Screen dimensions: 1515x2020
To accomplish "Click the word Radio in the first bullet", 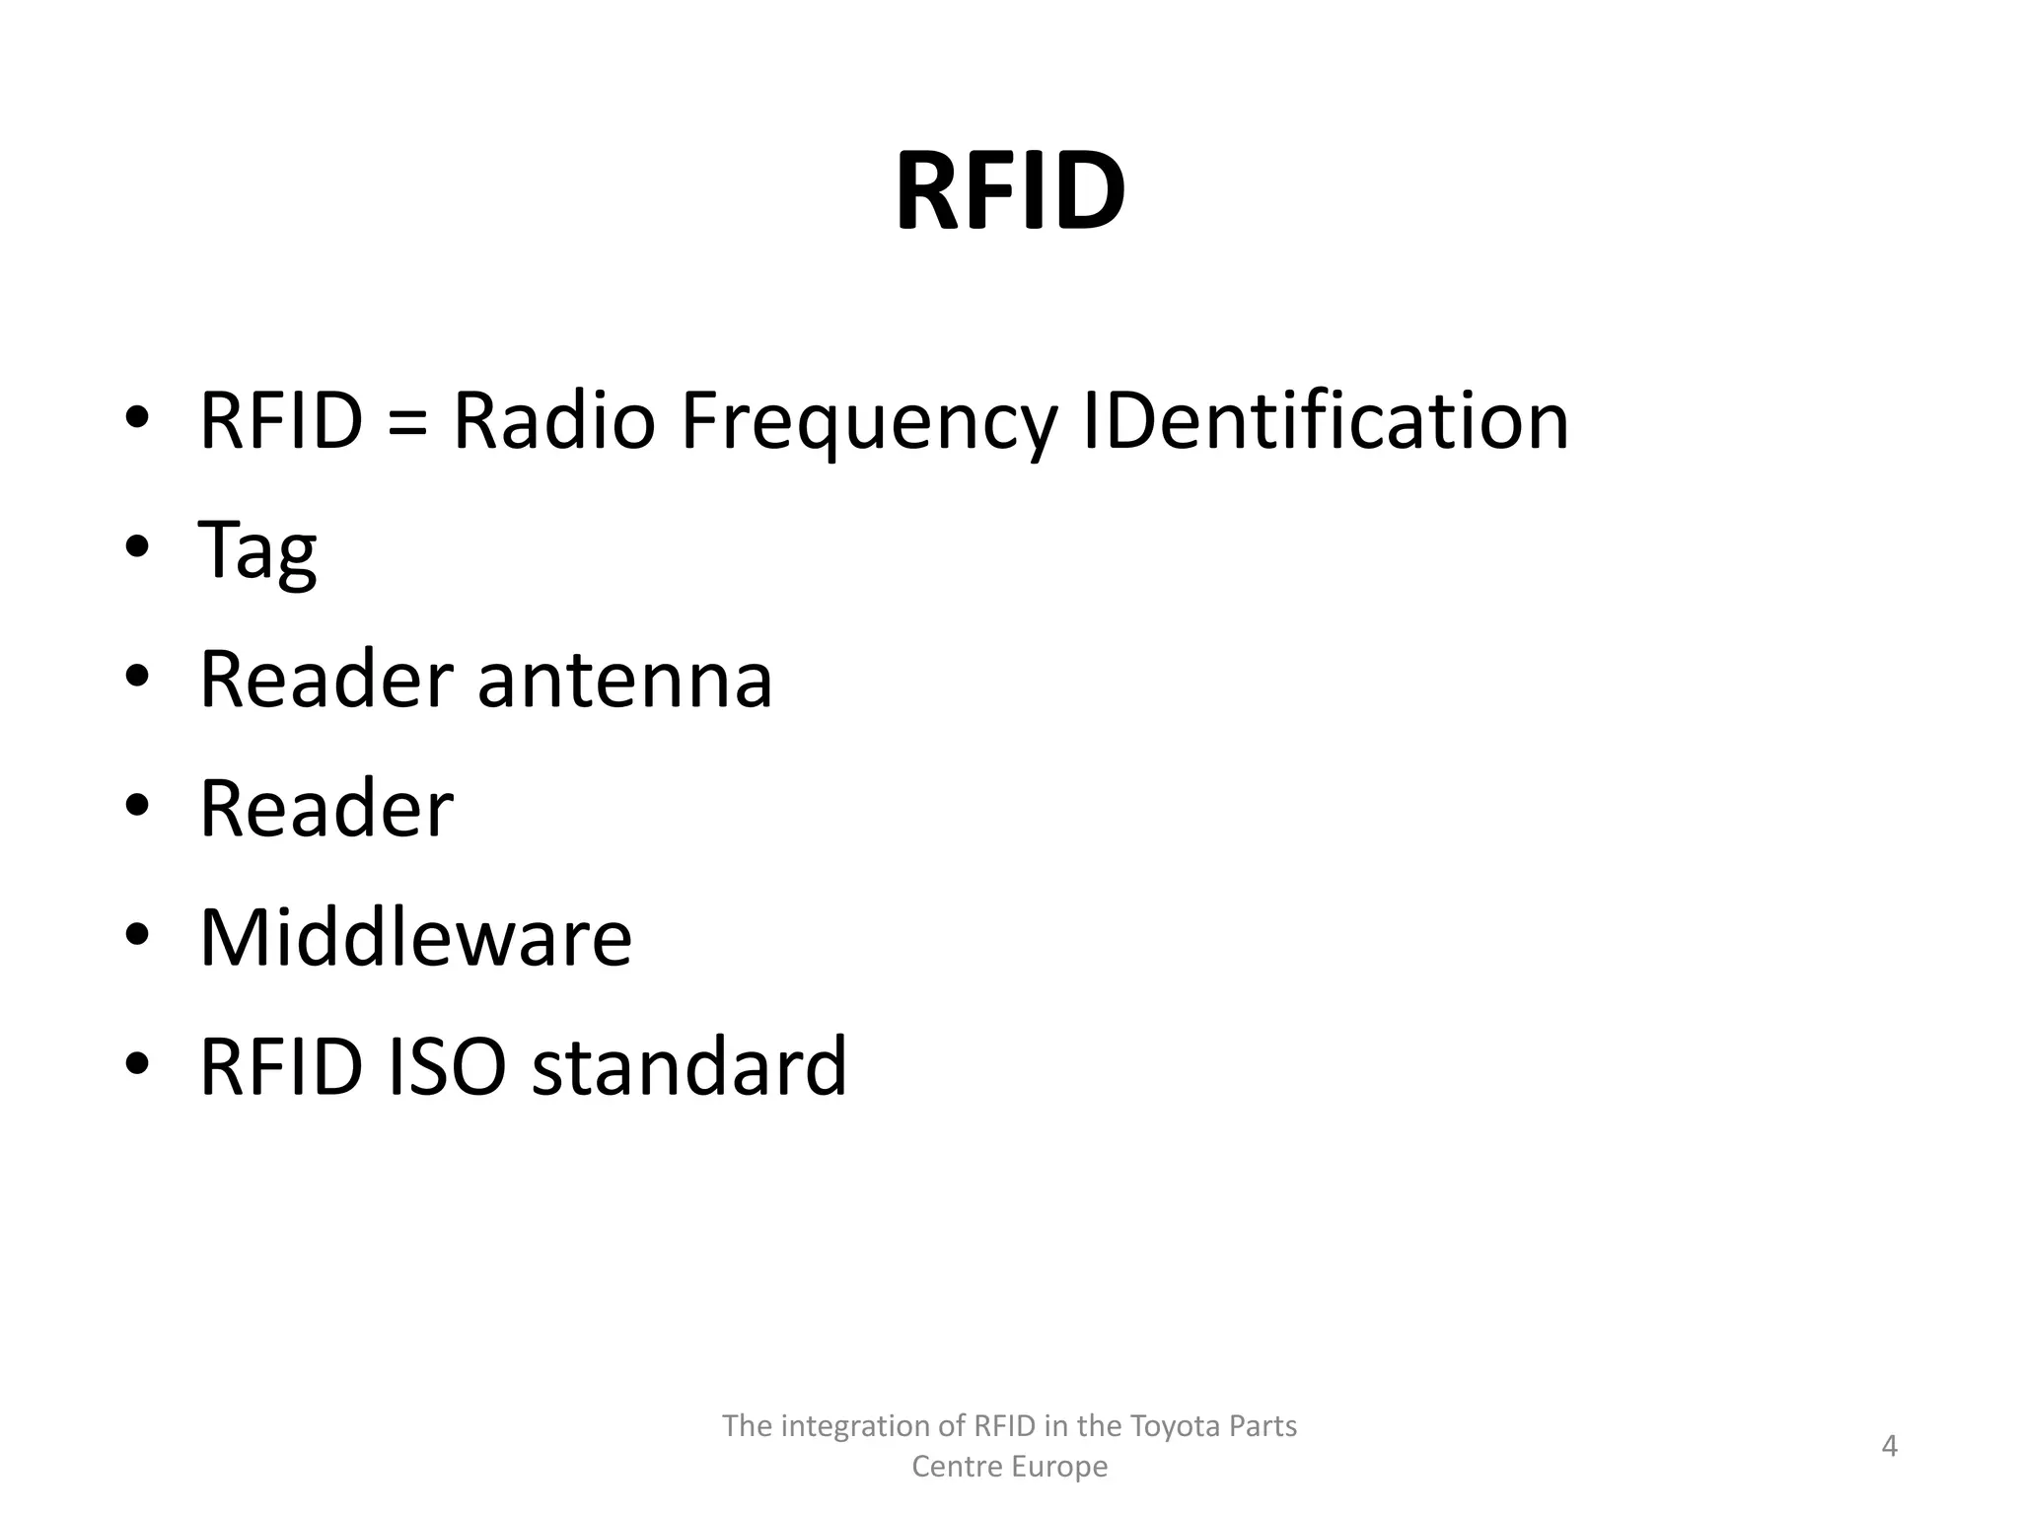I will (x=553, y=421).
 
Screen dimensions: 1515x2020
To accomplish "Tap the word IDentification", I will (x=1325, y=421).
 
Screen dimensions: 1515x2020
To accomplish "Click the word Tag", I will (x=257, y=552).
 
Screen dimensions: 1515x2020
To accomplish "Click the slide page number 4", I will (x=1889, y=1446).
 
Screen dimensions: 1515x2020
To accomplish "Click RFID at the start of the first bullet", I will (x=281, y=421).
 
